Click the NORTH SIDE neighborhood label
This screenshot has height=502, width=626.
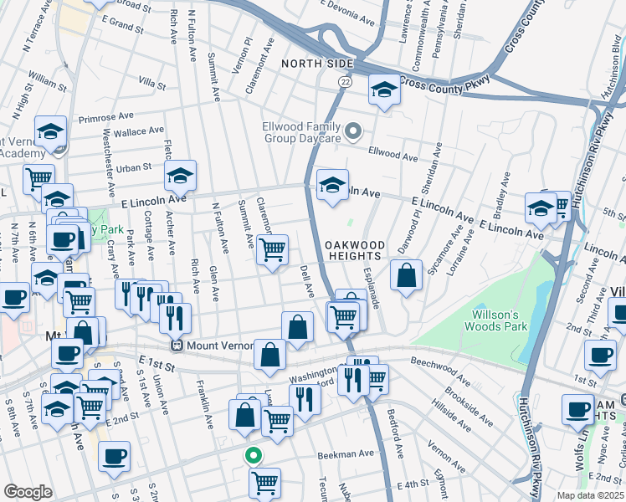click(x=317, y=64)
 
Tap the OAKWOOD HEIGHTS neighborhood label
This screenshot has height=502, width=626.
click(x=356, y=250)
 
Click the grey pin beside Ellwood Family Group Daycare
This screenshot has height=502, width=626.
click(x=354, y=131)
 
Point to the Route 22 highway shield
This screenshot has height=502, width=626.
click(x=344, y=81)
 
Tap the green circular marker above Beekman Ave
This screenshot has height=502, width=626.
click(x=252, y=456)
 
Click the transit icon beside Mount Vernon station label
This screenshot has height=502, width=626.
click(x=177, y=345)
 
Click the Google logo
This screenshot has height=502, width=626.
click(x=28, y=492)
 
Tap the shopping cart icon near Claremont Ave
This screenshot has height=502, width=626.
click(x=272, y=249)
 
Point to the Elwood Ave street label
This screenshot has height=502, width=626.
click(x=393, y=156)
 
